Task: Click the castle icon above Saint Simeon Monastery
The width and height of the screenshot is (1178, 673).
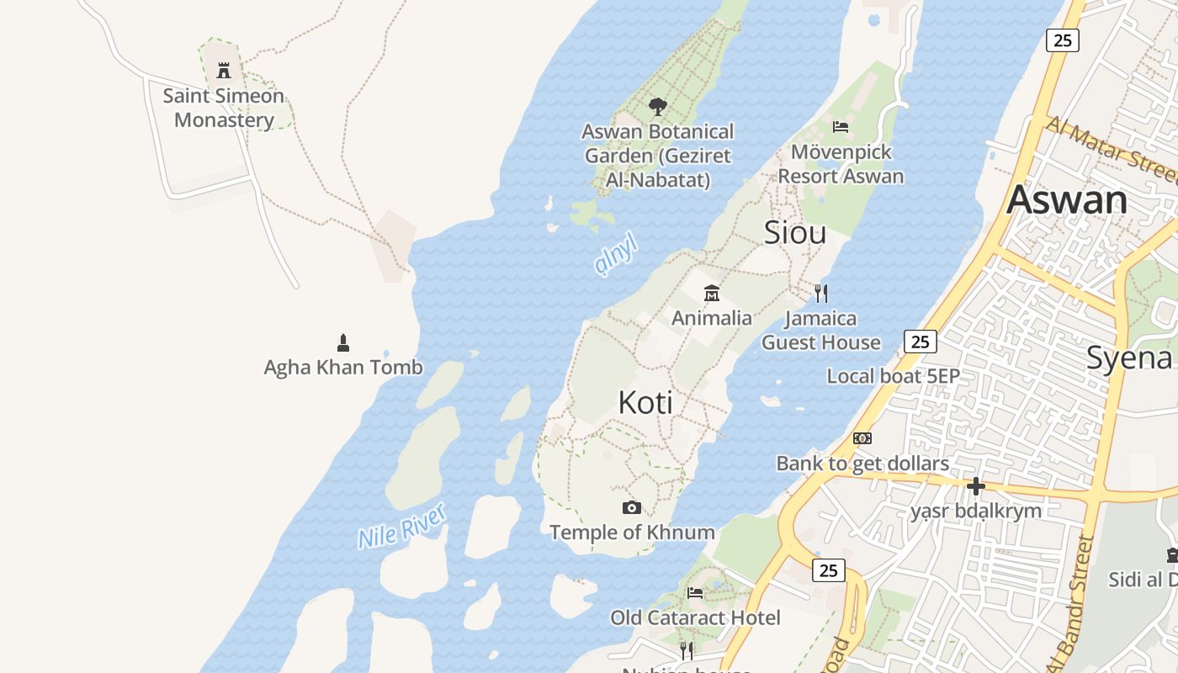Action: click(x=224, y=71)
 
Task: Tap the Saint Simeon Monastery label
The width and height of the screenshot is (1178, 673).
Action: click(x=224, y=108)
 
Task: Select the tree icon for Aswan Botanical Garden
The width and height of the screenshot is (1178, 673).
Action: click(x=658, y=107)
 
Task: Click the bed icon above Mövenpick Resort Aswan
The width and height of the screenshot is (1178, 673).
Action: click(x=840, y=127)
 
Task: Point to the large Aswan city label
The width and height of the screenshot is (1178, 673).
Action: click(x=1067, y=200)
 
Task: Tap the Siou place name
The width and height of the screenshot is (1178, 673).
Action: click(x=794, y=233)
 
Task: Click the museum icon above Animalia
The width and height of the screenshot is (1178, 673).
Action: click(x=712, y=294)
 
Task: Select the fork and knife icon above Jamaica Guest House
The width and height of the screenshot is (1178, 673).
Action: click(x=821, y=294)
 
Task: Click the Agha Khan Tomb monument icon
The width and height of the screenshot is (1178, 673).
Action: click(x=343, y=342)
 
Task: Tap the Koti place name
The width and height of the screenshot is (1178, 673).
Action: click(x=645, y=403)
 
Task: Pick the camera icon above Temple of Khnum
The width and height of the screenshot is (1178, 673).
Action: click(x=632, y=507)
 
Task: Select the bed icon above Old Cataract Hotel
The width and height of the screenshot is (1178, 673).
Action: click(x=695, y=592)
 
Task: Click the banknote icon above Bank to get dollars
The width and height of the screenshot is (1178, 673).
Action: click(x=862, y=438)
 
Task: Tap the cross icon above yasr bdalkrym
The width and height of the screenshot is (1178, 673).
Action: click(x=976, y=486)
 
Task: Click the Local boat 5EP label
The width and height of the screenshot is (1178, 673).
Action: click(x=893, y=376)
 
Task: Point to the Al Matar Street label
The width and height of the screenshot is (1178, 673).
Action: click(x=1111, y=150)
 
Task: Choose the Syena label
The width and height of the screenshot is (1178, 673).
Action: click(x=1129, y=358)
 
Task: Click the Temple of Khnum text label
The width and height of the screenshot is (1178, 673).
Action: click(x=632, y=533)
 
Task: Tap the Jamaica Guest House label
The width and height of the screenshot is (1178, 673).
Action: click(x=821, y=331)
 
